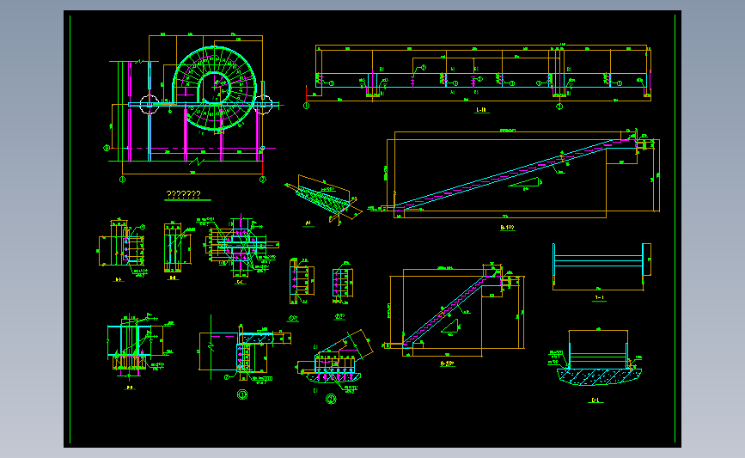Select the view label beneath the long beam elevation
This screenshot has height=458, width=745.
[x=481, y=111]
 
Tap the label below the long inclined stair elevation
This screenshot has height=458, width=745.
[x=507, y=228]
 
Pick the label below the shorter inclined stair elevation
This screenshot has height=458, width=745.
[x=447, y=363]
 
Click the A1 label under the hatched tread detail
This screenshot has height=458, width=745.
[x=308, y=222]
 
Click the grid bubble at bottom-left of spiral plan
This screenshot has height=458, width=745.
[x=122, y=180]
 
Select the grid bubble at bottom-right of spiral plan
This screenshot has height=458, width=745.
[x=264, y=180]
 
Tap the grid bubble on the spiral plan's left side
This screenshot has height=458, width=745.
[x=107, y=147]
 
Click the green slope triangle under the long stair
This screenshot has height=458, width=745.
[x=524, y=183]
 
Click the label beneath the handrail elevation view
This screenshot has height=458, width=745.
[x=599, y=298]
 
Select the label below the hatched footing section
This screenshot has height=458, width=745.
[x=595, y=400]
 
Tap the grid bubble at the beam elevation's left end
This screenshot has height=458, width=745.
[x=307, y=106]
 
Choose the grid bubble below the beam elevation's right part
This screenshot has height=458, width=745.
[x=559, y=107]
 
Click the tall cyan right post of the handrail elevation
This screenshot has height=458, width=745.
[x=646, y=266]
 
